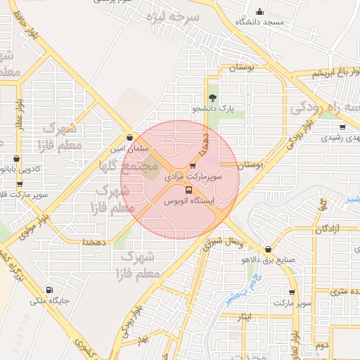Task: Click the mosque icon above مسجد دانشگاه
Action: (260, 11)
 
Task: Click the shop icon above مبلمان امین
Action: (129, 138)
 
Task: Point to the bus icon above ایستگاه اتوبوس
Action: (188, 190)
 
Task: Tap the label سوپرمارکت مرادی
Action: (193, 179)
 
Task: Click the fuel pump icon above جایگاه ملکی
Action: (49, 290)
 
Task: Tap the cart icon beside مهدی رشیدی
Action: (342, 127)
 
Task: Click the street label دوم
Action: (321, 346)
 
